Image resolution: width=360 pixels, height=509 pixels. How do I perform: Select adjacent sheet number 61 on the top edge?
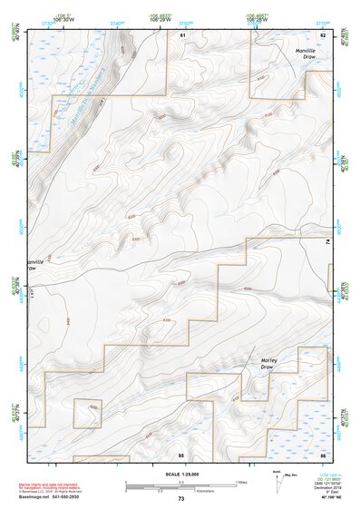pyautogui.click(x=182, y=34)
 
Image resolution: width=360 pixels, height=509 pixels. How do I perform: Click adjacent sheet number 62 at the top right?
pyautogui.click(x=257, y=34)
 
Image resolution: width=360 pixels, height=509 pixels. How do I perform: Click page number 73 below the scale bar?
pyautogui.click(x=180, y=499)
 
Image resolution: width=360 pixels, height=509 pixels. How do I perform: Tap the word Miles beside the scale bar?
pyautogui.click(x=242, y=482)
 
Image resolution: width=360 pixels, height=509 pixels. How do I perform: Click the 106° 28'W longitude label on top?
pyautogui.click(x=258, y=20)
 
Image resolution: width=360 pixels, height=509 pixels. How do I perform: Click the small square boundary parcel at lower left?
pyautogui.click(x=87, y=412)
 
